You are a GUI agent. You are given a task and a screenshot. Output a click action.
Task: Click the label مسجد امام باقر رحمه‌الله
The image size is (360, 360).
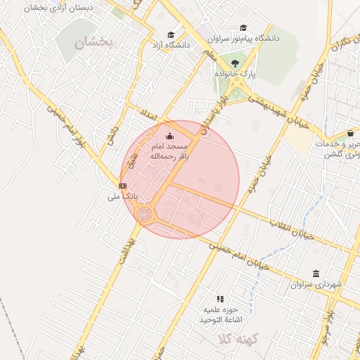point(168,152)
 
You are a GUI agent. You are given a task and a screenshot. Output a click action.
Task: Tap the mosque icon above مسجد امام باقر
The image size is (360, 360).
point(169,136)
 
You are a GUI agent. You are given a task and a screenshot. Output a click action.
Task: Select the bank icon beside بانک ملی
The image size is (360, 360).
point(123,186)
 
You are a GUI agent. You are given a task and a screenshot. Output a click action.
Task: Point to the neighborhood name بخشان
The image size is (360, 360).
point(94,42)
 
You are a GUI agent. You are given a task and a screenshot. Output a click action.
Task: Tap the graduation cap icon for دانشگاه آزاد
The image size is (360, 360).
point(172,35)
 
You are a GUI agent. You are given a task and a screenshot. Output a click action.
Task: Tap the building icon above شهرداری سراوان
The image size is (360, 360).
point(316,273)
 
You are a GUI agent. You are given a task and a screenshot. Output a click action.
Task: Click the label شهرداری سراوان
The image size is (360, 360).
point(316,284)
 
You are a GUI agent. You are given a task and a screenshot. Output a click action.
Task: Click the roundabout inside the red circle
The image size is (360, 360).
point(146,214)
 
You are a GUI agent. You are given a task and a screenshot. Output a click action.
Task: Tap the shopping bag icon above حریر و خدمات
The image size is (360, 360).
point(350,134)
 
